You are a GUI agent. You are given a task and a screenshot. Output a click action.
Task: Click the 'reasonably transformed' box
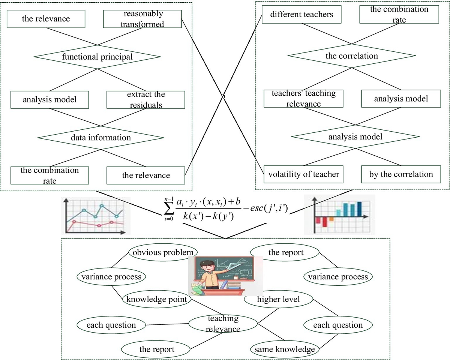click(x=142, y=19)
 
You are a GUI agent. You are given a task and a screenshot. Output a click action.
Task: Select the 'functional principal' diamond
click(x=97, y=57)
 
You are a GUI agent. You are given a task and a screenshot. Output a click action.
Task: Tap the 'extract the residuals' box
click(x=146, y=99)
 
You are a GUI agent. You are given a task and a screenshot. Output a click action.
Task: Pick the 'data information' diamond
click(x=101, y=138)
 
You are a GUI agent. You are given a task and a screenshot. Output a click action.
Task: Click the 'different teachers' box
click(x=301, y=15)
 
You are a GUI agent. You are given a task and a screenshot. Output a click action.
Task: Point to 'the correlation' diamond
click(x=351, y=56)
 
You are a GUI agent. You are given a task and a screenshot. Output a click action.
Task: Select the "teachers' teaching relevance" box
click(x=303, y=99)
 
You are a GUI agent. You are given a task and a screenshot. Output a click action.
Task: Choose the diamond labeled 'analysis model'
click(x=355, y=136)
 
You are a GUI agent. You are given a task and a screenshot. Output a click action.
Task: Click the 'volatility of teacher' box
click(x=303, y=174)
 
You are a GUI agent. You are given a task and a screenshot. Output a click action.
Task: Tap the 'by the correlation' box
click(x=401, y=174)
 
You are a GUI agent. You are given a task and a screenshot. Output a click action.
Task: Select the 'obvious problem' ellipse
click(x=163, y=252)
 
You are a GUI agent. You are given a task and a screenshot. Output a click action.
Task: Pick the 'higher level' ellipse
click(x=278, y=299)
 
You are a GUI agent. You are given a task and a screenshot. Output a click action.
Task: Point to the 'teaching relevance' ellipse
click(x=223, y=324)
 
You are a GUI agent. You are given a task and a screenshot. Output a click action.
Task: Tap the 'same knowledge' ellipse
click(x=285, y=349)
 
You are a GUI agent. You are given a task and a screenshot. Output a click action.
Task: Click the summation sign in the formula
click(x=168, y=213)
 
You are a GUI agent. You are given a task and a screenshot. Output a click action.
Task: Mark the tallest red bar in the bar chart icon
click(x=325, y=222)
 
